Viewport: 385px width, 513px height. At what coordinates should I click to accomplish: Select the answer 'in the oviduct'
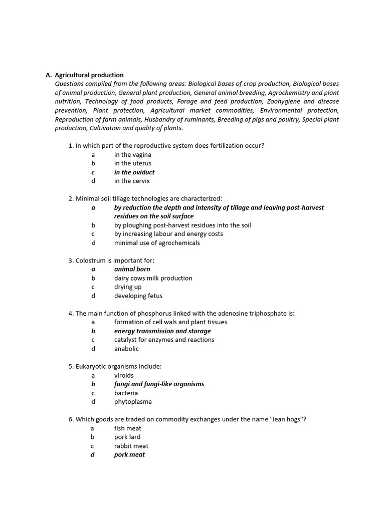[x=134, y=172]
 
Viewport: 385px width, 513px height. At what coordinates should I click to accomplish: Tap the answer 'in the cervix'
[x=132, y=181]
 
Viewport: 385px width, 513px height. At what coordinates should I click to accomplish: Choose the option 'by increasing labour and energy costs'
[x=168, y=234]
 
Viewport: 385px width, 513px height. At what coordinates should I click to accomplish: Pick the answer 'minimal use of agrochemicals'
[x=157, y=243]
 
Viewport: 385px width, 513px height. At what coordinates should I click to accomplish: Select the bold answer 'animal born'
[x=132, y=269]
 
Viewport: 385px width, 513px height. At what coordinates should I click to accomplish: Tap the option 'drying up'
[x=128, y=287]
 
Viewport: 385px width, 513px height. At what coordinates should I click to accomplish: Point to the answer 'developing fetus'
[x=138, y=296]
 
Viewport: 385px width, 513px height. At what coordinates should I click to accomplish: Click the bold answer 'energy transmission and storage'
[x=162, y=331]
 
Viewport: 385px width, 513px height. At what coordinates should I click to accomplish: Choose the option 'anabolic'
[x=126, y=349]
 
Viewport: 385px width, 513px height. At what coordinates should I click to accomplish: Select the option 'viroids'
[x=124, y=375]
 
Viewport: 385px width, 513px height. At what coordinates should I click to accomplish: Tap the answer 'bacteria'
[x=126, y=393]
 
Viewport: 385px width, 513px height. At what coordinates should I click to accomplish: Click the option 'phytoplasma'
[x=133, y=402]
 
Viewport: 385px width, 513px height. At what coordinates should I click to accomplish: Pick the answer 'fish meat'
[x=128, y=428]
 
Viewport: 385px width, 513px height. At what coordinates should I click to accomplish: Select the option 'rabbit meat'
[x=131, y=446]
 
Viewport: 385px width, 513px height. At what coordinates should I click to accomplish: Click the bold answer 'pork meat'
[x=129, y=455]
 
